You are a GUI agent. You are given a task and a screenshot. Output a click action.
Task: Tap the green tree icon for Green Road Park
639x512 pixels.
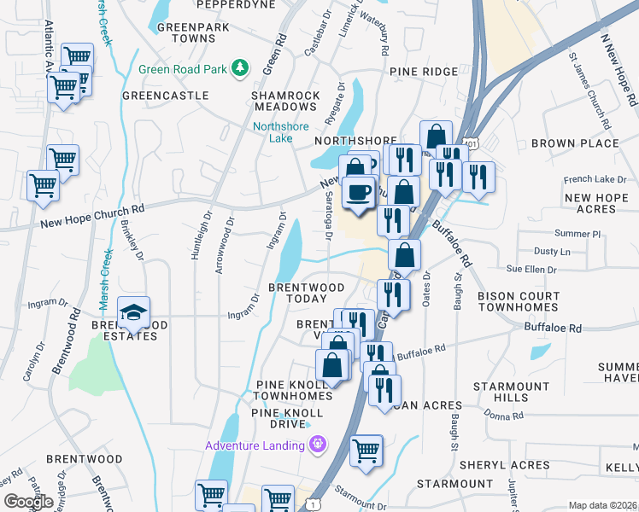[x=242, y=67]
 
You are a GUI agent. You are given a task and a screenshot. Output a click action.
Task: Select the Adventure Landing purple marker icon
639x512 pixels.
[x=318, y=445]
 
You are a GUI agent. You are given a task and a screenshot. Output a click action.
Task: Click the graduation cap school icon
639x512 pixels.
[x=133, y=314]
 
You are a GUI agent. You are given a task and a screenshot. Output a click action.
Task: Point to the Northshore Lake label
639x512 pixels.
[x=280, y=133]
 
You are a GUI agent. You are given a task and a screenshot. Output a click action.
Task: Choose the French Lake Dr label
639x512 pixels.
[x=595, y=180]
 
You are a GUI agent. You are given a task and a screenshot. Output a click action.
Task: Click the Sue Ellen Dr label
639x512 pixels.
[x=531, y=270]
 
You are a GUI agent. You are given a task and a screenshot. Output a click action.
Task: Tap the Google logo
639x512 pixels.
[x=28, y=502]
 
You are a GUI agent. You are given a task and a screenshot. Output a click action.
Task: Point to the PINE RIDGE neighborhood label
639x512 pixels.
[x=425, y=73]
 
